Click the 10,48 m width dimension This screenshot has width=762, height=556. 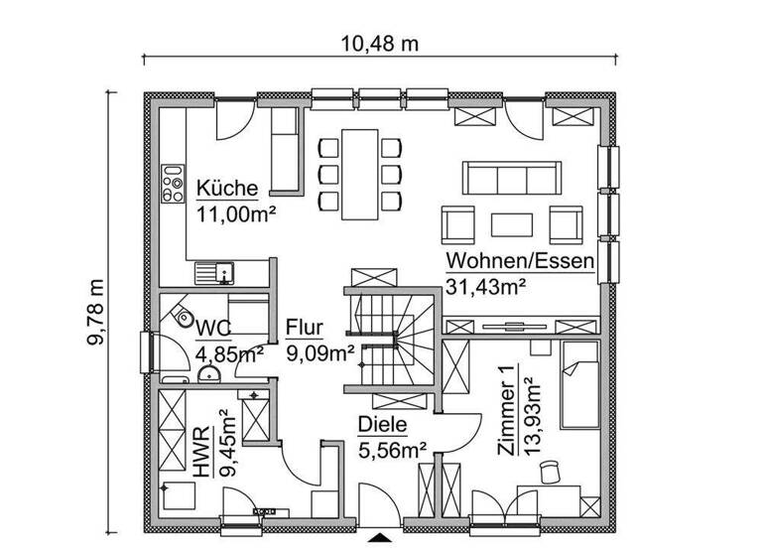coord(380,43)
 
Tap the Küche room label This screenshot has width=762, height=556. coord(227,189)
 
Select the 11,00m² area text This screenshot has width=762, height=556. coord(235,211)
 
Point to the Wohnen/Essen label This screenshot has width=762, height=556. coord(519,262)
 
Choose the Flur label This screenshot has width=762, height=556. coord(305,329)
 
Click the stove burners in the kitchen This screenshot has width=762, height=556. coord(173,183)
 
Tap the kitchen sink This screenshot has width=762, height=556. coord(213,269)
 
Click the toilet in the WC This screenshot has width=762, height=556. coord(183,319)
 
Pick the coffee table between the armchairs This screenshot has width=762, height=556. coord(512,222)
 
